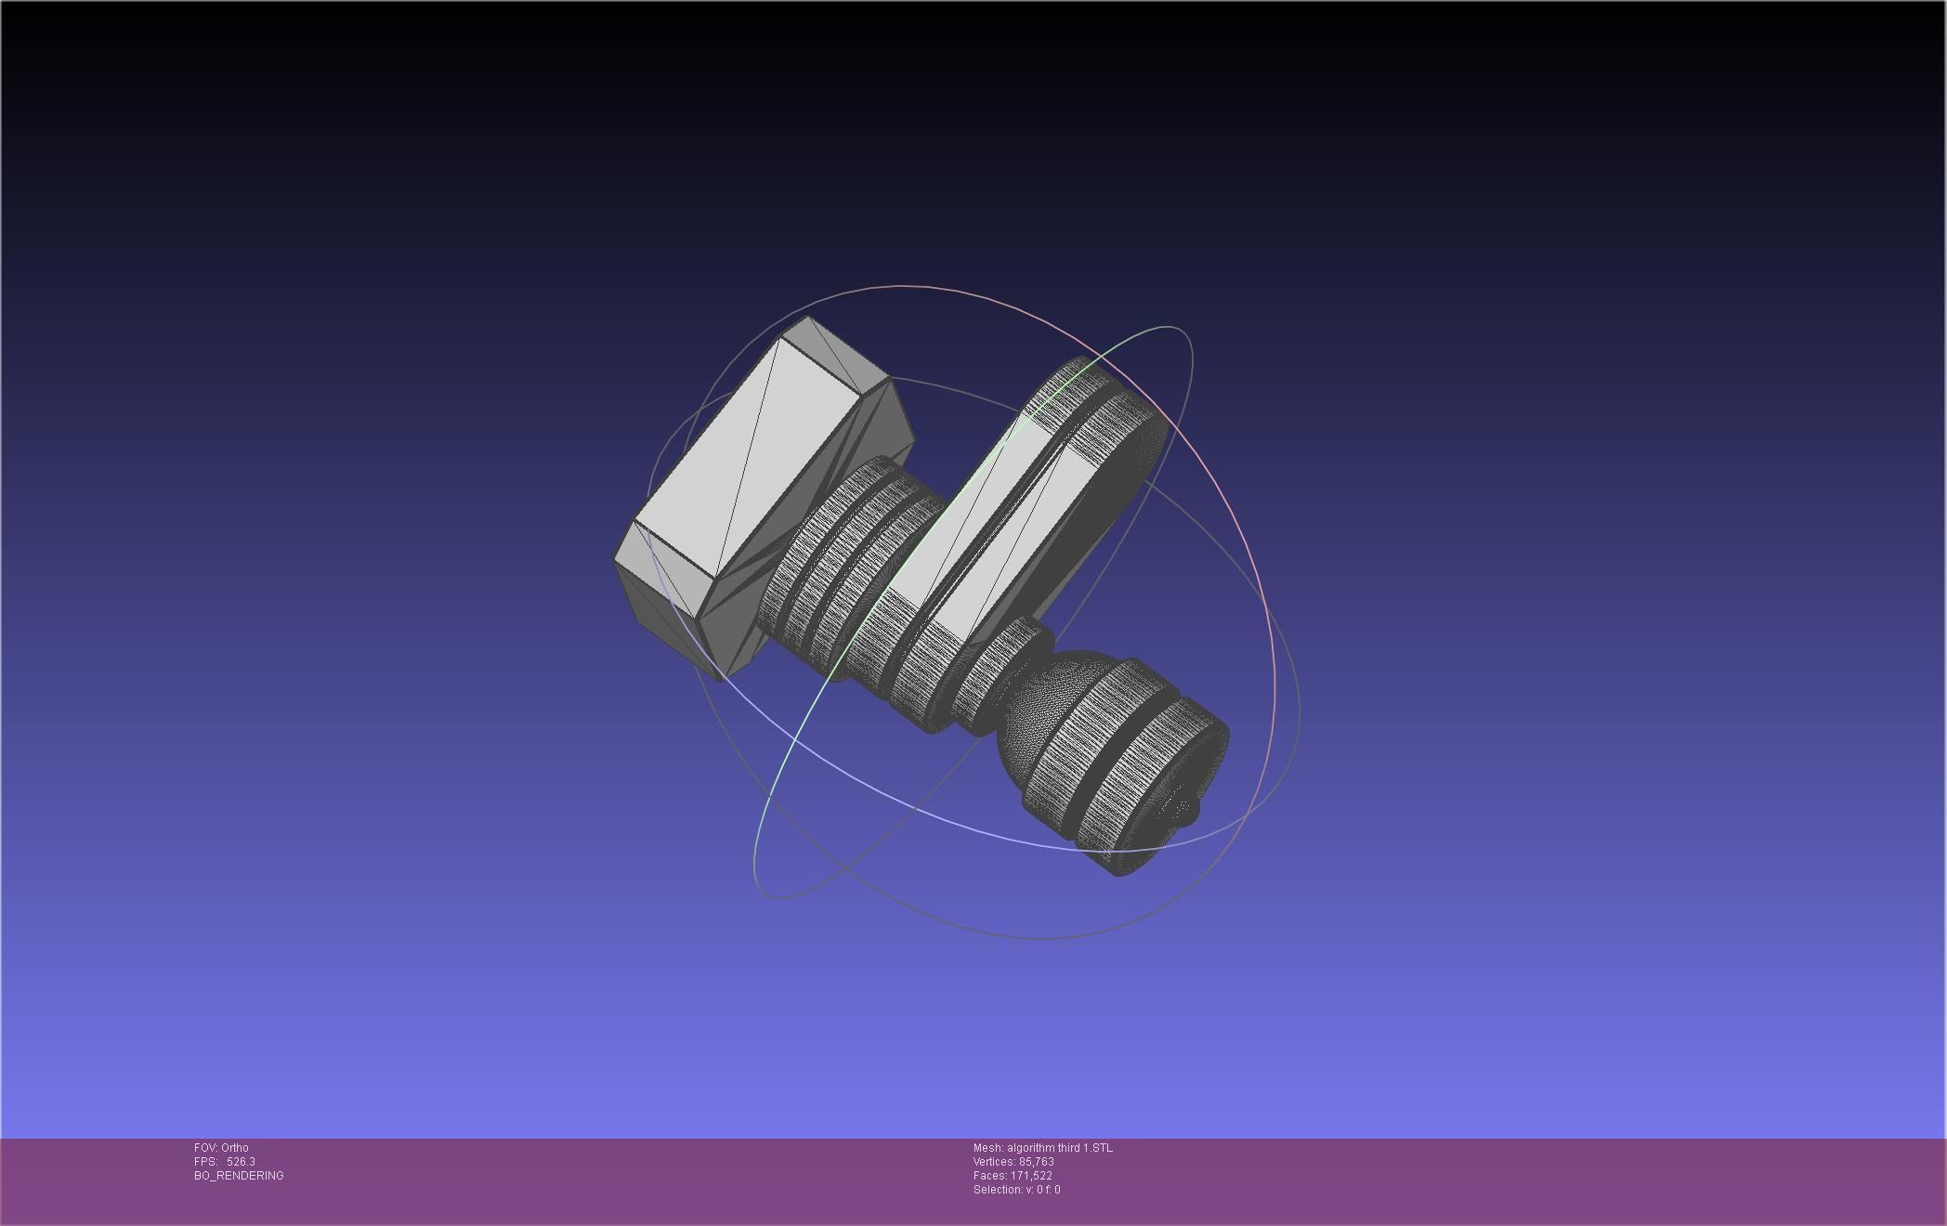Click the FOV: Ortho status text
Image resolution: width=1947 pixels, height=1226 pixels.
pyautogui.click(x=221, y=1148)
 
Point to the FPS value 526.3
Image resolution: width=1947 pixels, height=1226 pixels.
pyautogui.click(x=240, y=1162)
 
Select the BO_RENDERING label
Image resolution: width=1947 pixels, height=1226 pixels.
pyautogui.click(x=239, y=1176)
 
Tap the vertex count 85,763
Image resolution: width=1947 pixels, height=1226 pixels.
pyautogui.click(x=1036, y=1162)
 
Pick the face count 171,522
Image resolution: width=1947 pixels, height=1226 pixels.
pyautogui.click(x=1031, y=1176)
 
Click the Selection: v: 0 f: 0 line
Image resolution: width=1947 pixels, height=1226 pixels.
pyautogui.click(x=1016, y=1190)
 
